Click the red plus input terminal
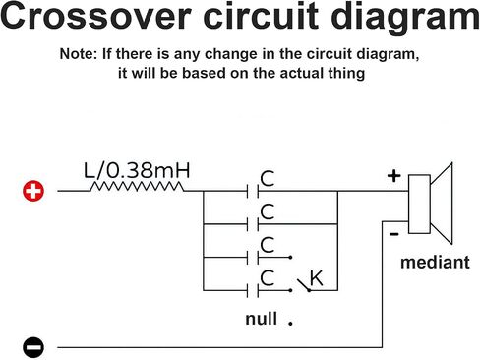[x=33, y=191]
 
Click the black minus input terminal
[x=33, y=347]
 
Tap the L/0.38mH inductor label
[x=137, y=170]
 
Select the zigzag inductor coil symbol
[x=137, y=187]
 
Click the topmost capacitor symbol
[x=253, y=191]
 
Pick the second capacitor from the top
[x=253, y=224]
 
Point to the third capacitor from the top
[x=253, y=258]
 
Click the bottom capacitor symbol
[x=253, y=290]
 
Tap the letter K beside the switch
[x=317, y=278]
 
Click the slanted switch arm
[x=303, y=285]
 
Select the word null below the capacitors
[x=262, y=319]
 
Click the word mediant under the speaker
[x=435, y=263]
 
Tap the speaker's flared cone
[x=442, y=204]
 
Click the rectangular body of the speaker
[x=419, y=204]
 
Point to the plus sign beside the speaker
[x=393, y=176]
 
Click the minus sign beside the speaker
[x=394, y=234]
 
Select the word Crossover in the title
[x=95, y=16]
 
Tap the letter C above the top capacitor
[x=268, y=179]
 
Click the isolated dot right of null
[x=290, y=323]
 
